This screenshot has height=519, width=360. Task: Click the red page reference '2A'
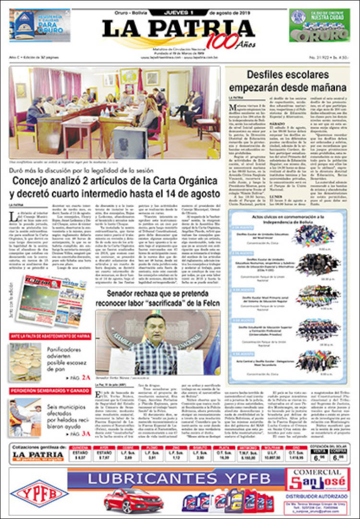point(86,377)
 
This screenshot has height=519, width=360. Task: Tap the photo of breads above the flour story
point(25,362)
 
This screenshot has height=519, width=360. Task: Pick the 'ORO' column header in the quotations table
point(294,447)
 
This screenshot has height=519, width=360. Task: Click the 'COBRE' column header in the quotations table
point(128,447)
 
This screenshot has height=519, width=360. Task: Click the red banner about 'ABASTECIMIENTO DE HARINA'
point(50,336)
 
